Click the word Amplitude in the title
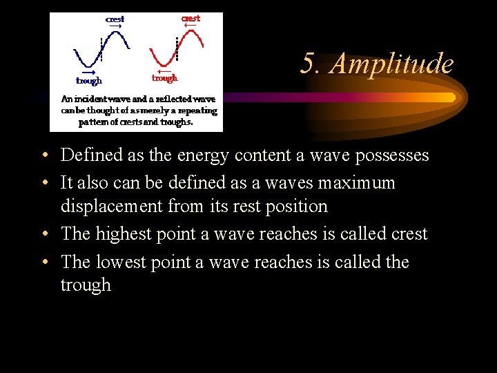(x=391, y=64)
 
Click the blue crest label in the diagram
(x=115, y=19)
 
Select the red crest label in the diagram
(x=191, y=18)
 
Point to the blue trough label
(x=89, y=80)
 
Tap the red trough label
(x=164, y=78)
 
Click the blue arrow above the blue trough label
(x=88, y=72)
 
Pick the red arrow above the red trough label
(x=164, y=70)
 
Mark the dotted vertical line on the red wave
(x=177, y=48)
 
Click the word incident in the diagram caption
(x=99, y=99)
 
